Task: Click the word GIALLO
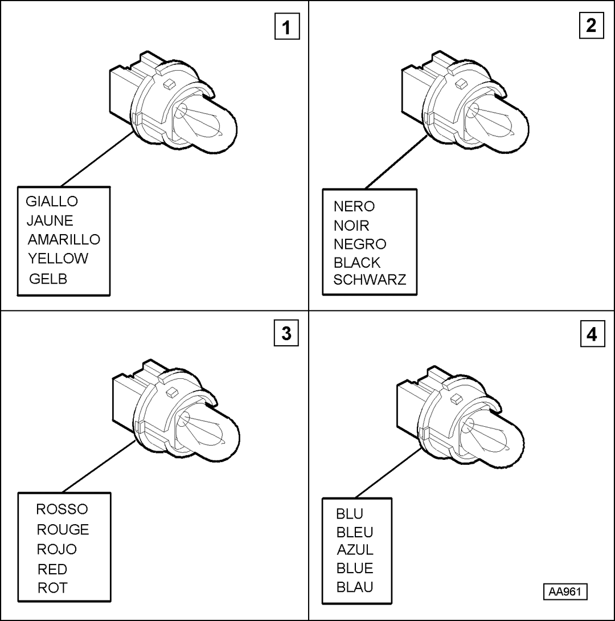tap(52, 201)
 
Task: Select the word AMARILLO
tap(64, 239)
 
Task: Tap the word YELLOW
tap(58, 258)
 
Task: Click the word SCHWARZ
tap(370, 280)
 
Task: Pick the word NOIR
tap(351, 226)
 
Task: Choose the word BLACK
tap(357, 262)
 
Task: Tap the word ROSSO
tap(62, 509)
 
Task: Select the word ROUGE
tap(63, 529)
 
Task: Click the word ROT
tap(52, 588)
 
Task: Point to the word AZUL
tap(355, 549)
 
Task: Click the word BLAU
tap(355, 587)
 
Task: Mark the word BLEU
tap(355, 532)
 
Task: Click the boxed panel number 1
tap(287, 27)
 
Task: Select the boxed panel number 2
tap(591, 26)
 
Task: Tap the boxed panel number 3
tap(286, 333)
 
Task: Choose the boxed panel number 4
tap(592, 334)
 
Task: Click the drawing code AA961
tap(565, 592)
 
